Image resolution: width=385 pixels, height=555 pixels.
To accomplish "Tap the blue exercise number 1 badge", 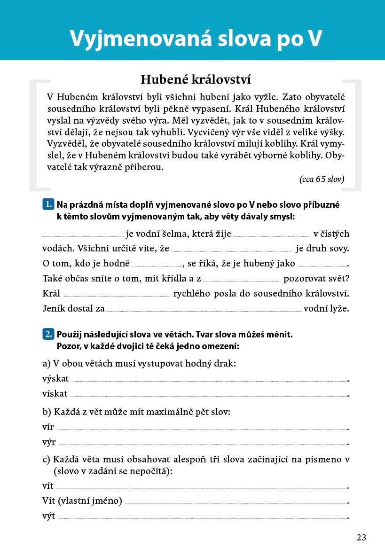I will coord(48,204).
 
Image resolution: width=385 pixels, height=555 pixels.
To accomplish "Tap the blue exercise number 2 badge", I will coord(48,335).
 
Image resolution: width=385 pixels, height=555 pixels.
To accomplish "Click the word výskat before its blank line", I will coord(55,379).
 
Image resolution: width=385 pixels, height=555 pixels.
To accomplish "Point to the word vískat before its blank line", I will coord(55,394).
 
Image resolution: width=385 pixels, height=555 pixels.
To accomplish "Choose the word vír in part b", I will coord(48,428).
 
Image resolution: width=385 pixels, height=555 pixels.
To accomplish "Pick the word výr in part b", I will coord(49,443).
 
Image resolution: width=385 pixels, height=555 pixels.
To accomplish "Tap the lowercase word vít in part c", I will coord(48,486).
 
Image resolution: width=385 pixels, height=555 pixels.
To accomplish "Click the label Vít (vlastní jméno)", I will coord(82,501).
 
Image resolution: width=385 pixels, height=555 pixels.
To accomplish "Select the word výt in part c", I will coord(48,516).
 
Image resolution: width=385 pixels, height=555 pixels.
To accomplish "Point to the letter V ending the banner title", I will coord(313,39).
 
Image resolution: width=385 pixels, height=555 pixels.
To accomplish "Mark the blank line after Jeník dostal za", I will coord(204,310).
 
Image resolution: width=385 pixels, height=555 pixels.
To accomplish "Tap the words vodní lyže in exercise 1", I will coord(326,309).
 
